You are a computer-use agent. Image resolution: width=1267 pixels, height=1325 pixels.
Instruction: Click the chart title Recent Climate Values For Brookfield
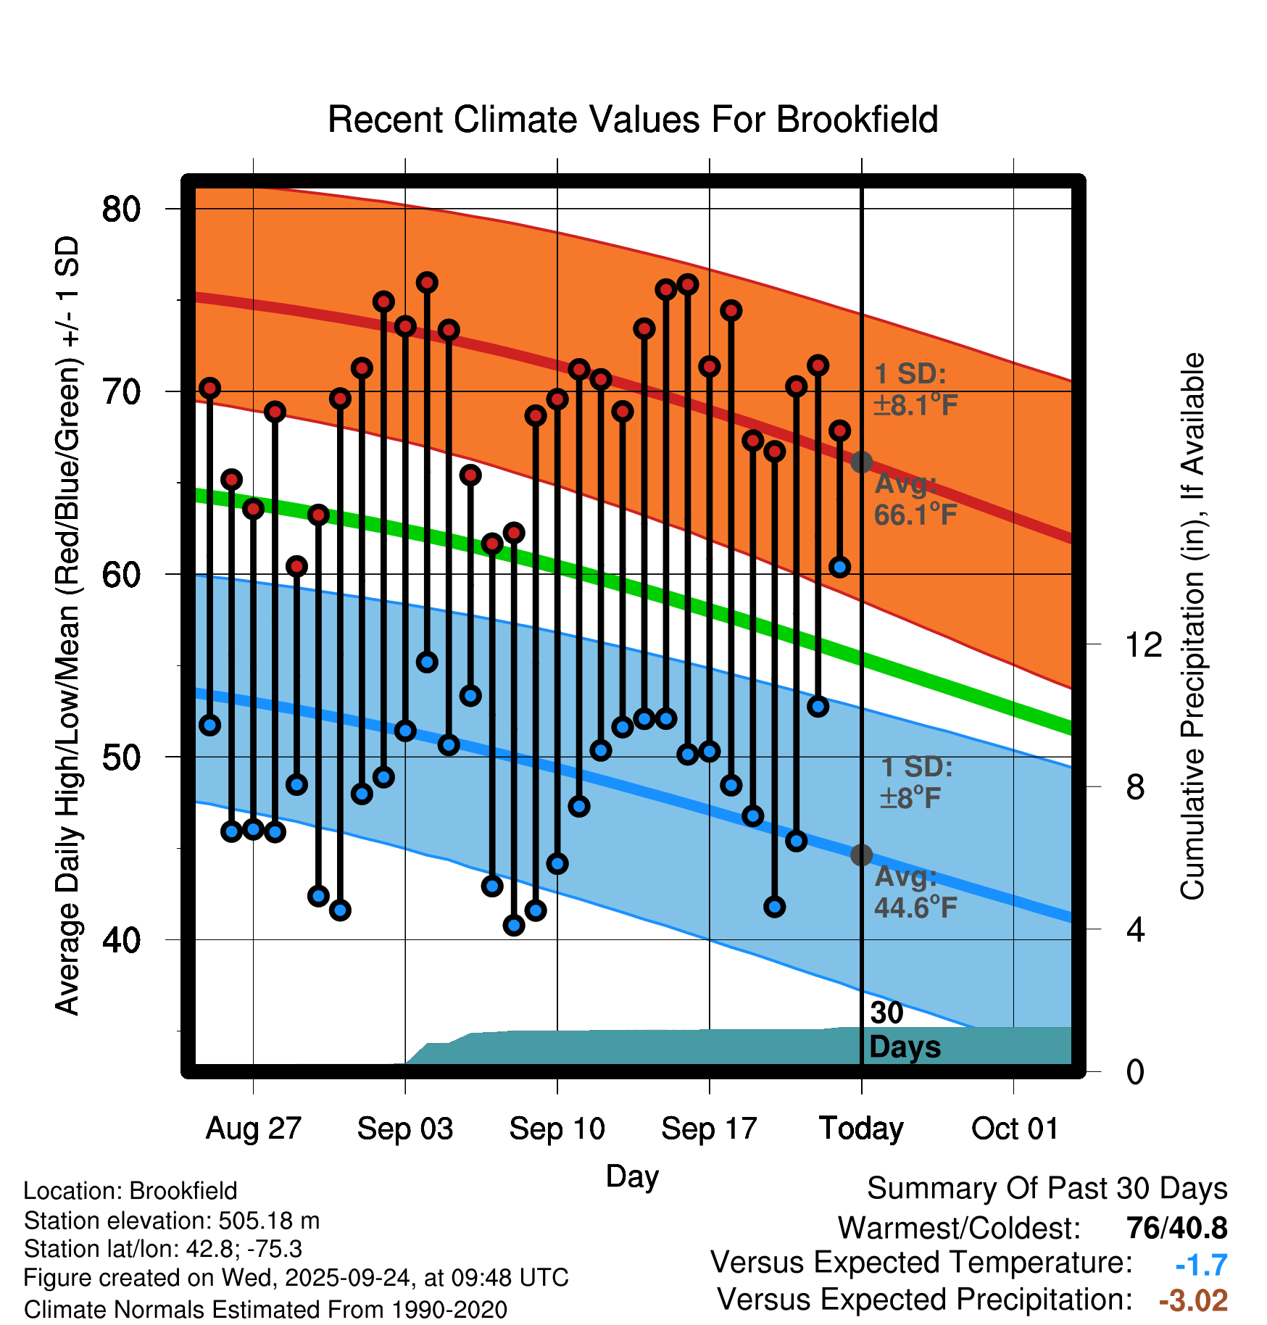coord(633,120)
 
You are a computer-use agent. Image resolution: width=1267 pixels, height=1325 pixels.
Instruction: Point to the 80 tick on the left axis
coord(121,209)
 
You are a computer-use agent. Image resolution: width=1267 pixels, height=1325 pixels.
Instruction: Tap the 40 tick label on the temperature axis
coord(121,940)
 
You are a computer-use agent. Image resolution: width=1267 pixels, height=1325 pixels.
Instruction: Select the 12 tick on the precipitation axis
coord(1143,644)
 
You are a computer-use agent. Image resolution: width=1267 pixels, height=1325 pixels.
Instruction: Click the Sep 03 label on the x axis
coord(404,1129)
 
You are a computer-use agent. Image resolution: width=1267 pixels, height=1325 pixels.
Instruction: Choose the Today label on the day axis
coord(861,1129)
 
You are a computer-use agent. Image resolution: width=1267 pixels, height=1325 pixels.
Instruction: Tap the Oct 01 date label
coord(1014,1129)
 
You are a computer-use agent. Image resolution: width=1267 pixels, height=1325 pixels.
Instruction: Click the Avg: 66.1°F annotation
coord(915,499)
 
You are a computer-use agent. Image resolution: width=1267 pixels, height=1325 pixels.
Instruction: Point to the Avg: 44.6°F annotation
coord(915,892)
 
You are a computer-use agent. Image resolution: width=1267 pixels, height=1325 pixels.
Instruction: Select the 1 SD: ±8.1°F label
coord(915,390)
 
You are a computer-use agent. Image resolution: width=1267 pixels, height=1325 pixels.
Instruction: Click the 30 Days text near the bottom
coord(904,1030)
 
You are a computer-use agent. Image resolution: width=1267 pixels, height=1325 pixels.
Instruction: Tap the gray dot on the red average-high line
coord(861,462)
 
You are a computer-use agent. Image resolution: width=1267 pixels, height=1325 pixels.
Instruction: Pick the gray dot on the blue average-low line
coord(861,855)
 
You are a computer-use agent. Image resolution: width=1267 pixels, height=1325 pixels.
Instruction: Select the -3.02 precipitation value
coord(1193,1300)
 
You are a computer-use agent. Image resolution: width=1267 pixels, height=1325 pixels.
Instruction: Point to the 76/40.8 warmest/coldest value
coord(1176,1229)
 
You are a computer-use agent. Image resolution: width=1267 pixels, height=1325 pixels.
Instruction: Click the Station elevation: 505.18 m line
coord(172,1221)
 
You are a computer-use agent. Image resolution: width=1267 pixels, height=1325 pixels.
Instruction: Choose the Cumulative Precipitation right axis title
coord(1192,626)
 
